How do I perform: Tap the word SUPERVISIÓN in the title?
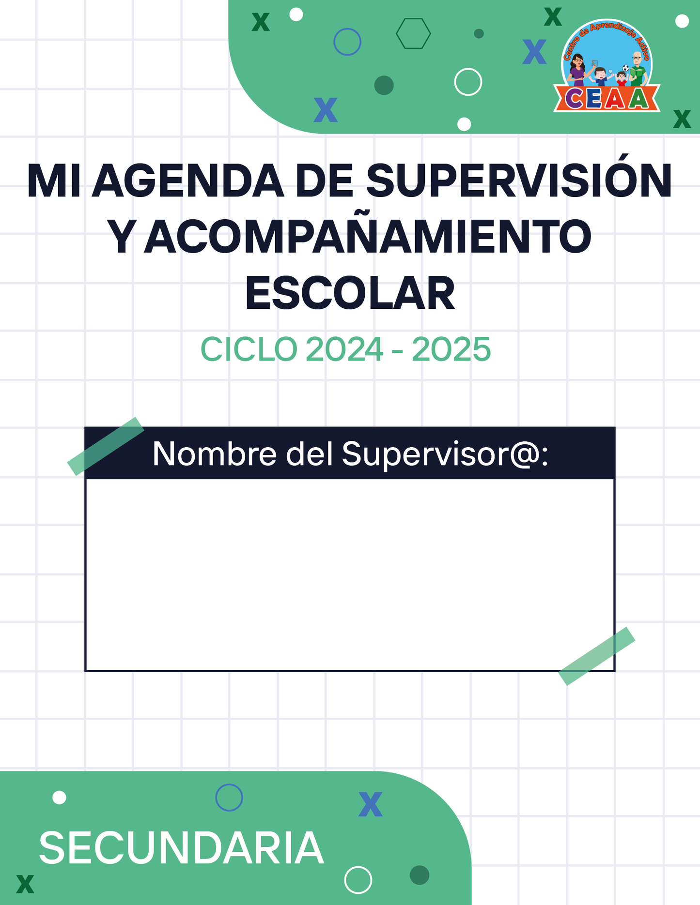click(519, 181)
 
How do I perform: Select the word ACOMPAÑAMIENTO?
click(368, 237)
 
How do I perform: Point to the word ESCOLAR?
click(350, 294)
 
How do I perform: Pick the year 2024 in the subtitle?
click(344, 349)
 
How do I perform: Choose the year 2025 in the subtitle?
click(451, 349)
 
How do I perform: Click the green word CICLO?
click(249, 349)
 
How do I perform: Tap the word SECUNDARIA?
click(182, 848)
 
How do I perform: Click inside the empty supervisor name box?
click(350, 574)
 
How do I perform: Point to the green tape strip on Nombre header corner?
click(106, 446)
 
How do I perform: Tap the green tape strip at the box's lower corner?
click(597, 656)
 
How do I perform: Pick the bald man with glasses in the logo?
click(638, 69)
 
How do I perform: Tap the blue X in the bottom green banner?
click(371, 804)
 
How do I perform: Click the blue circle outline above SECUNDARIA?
click(229, 784)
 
